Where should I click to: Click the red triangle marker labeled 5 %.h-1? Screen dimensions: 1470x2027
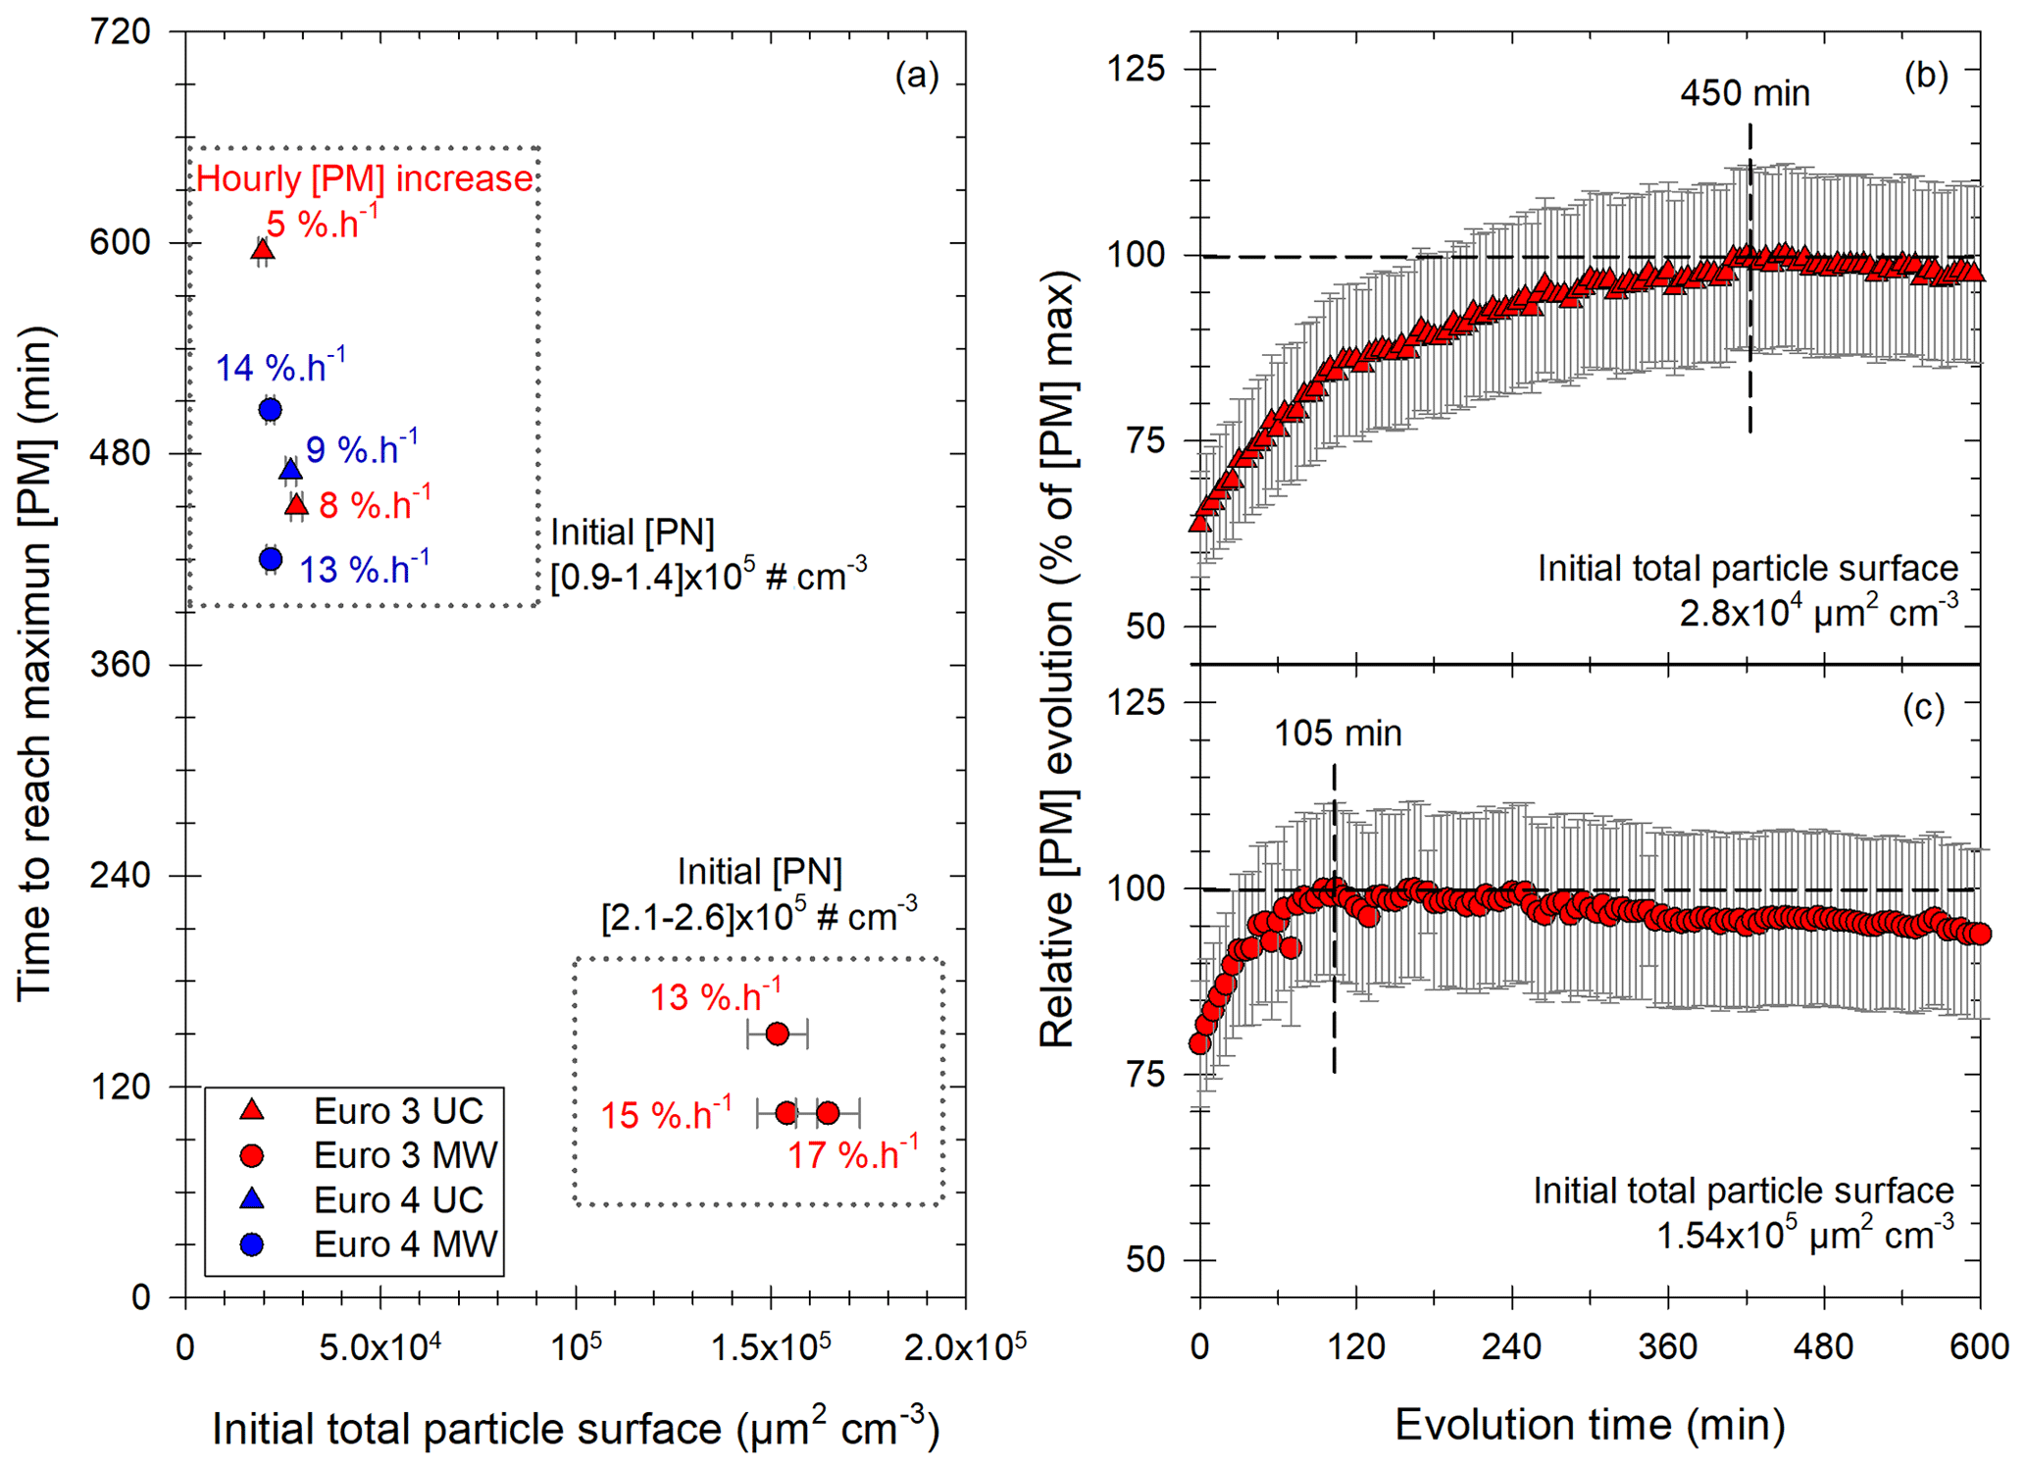pos(262,251)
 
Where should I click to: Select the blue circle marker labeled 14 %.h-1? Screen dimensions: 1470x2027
pos(271,410)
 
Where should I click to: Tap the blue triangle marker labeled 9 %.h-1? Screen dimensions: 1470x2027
pos(290,471)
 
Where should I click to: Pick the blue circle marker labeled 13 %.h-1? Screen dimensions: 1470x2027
pos(271,559)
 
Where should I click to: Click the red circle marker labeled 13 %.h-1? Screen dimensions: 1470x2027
pos(777,1034)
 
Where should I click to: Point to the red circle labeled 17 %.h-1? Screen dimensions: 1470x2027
pos(828,1113)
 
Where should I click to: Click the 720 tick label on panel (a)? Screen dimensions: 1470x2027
pos(120,32)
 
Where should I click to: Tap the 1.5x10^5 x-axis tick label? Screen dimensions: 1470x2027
pos(771,1347)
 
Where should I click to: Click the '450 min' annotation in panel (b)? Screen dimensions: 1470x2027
pos(1745,94)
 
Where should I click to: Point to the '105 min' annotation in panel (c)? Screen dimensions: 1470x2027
pos(1338,734)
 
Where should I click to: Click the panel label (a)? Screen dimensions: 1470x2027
pos(917,76)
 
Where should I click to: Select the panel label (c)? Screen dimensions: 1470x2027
pos(1923,708)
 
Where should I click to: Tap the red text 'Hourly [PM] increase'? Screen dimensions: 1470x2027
pos(364,179)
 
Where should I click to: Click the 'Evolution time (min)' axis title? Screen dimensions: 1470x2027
pos(1590,1425)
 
